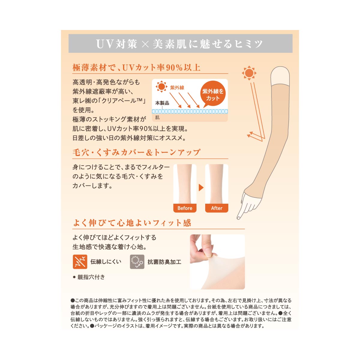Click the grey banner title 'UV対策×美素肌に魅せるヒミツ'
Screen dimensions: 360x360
[x=179, y=44]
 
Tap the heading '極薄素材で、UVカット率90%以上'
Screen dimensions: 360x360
[x=136, y=67]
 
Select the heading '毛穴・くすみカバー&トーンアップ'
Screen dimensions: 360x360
[x=136, y=152]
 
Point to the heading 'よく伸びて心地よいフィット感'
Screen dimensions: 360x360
[x=132, y=223]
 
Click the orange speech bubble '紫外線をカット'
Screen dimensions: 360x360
[x=213, y=94]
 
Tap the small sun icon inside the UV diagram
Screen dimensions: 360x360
[x=161, y=86]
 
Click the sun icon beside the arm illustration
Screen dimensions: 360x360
[x=249, y=73]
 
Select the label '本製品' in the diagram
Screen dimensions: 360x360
[x=162, y=103]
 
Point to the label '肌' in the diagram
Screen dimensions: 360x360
[x=157, y=117]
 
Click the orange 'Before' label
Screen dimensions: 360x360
[x=185, y=208]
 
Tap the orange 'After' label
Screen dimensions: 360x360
[x=217, y=208]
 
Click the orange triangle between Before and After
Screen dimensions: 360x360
[x=201, y=187]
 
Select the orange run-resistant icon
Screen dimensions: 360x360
[x=80, y=262]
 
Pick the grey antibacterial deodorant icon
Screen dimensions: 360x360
[x=137, y=262]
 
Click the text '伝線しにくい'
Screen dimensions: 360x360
[x=106, y=262]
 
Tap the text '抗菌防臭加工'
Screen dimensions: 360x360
[x=164, y=262]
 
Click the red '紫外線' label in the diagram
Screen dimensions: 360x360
[x=177, y=88]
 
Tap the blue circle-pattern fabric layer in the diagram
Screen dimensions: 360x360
[x=190, y=112]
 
